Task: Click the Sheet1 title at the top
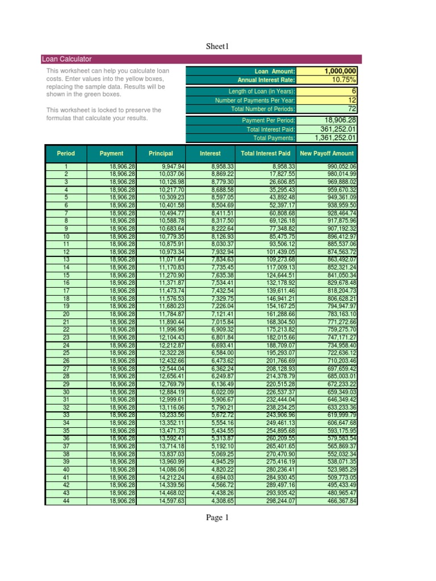tap(218, 46)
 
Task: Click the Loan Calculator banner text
tap(67, 59)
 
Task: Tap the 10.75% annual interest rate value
tap(343, 80)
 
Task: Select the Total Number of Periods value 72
tap(352, 108)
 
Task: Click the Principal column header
tap(161, 153)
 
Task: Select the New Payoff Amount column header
tap(327, 153)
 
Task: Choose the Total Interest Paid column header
tap(266, 153)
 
